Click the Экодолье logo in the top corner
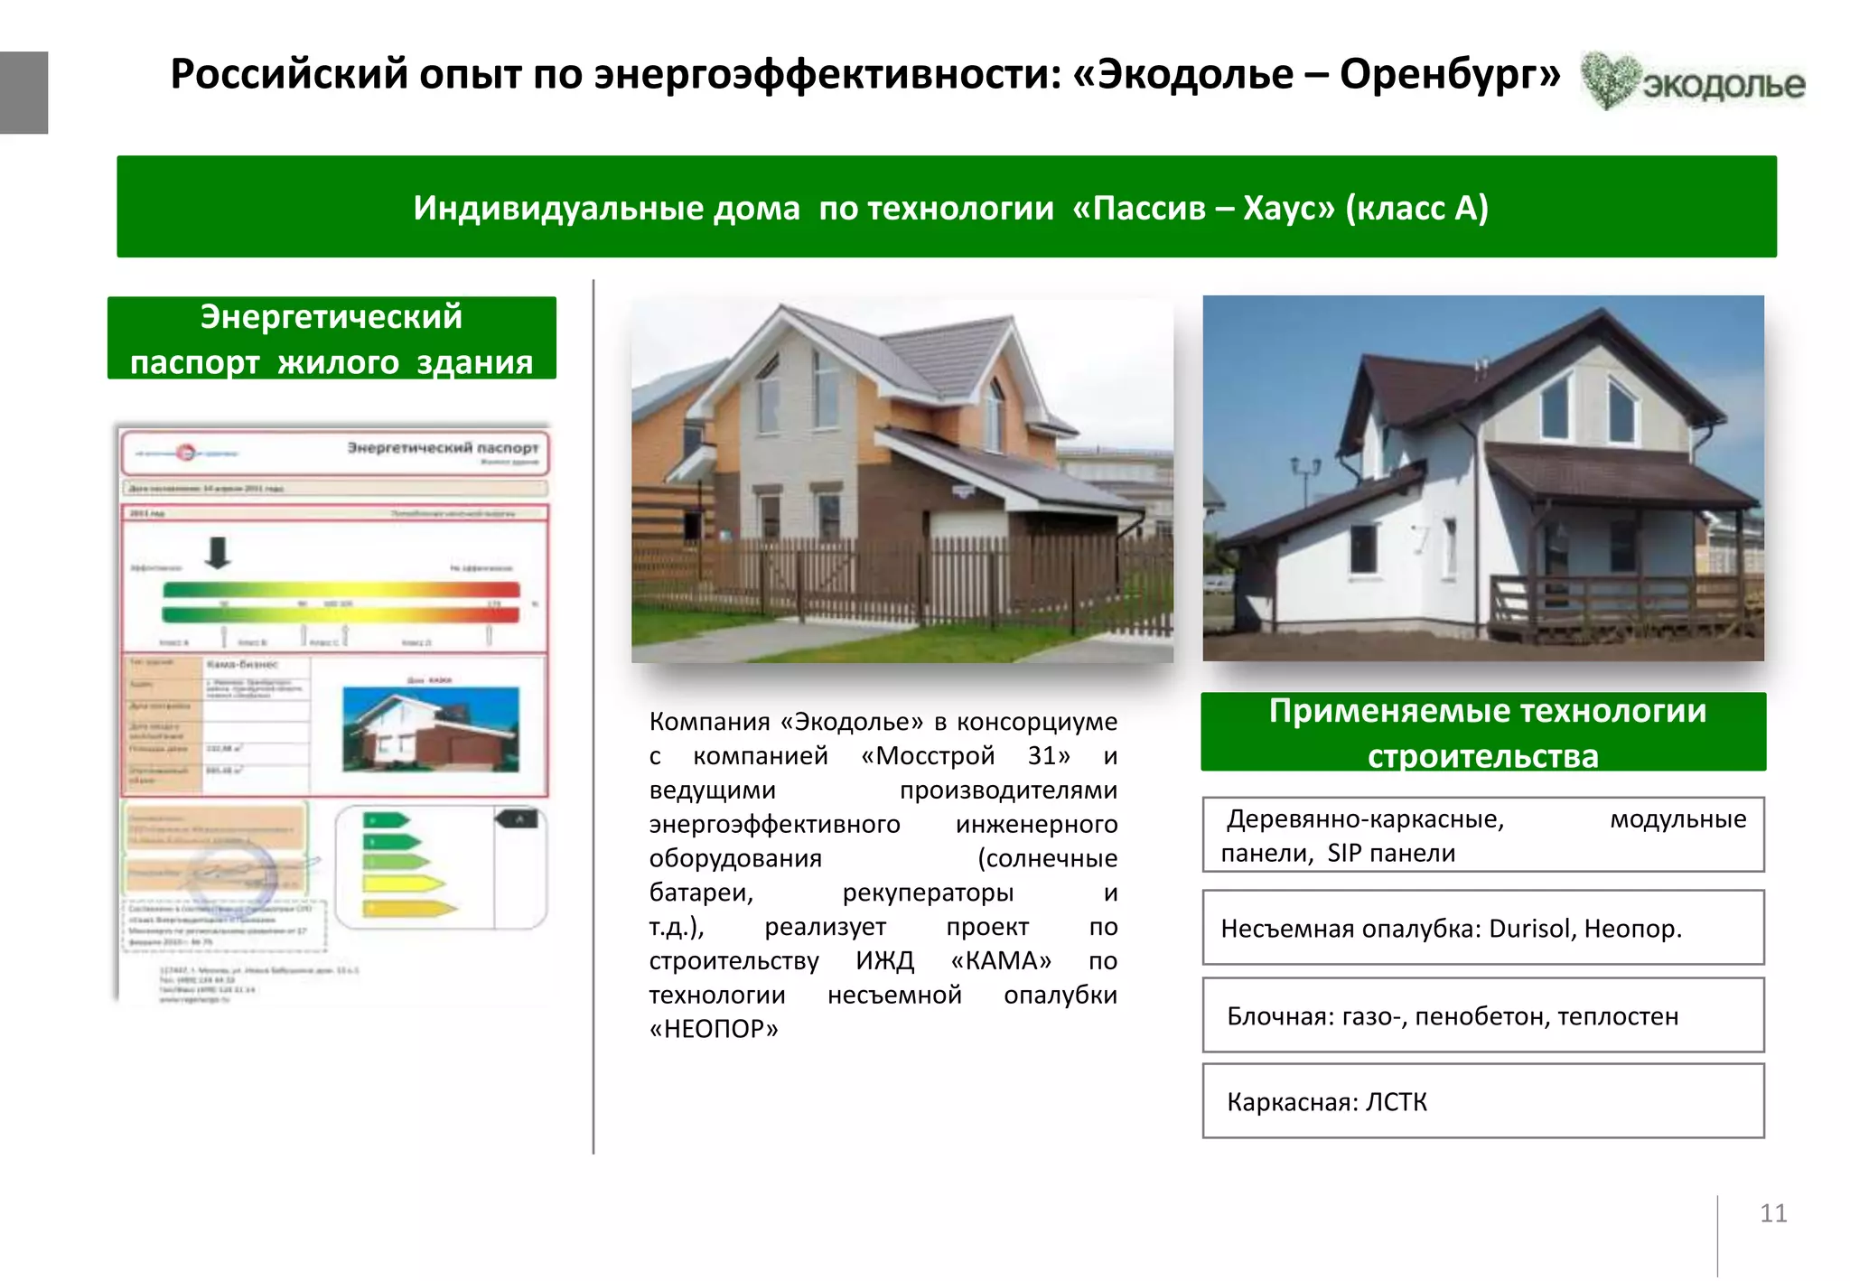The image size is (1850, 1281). [x=1692, y=81]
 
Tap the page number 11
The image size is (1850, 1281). [x=1772, y=1213]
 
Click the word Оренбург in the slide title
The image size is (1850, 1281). [x=1449, y=74]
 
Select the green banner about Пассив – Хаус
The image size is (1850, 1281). [x=946, y=207]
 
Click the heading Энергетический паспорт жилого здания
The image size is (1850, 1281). [x=332, y=339]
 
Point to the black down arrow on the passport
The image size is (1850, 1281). [x=218, y=552]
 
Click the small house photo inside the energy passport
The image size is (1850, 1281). [x=431, y=728]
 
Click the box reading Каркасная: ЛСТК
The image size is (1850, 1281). [x=1482, y=1101]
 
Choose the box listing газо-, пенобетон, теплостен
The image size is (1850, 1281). [x=1482, y=1016]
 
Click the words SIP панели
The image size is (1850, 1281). [x=1391, y=854]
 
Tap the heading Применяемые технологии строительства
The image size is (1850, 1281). [x=1482, y=733]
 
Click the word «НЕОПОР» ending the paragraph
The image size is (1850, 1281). [x=714, y=1029]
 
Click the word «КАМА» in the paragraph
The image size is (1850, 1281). [x=1001, y=960]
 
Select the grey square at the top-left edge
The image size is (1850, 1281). [x=23, y=92]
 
